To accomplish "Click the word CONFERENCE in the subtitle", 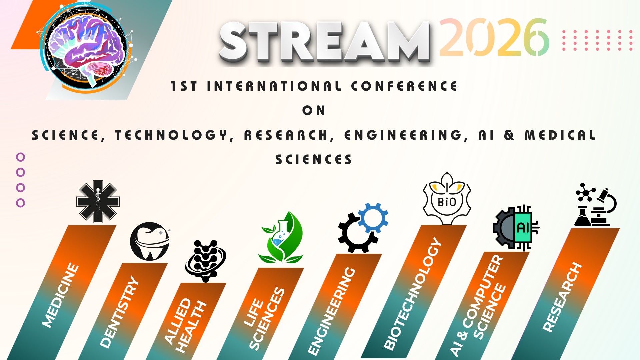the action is point(404,86).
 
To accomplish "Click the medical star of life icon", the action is point(98,202).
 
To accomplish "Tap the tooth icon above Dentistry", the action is point(150,241).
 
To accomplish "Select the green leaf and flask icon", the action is point(281,237).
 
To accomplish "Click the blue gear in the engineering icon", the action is point(373,218).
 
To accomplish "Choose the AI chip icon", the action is point(516,228).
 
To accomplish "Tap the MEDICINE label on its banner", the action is point(60,295).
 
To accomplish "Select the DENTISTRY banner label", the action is point(119,312).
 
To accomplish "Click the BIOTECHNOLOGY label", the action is point(413,293).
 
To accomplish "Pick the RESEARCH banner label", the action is point(562,297).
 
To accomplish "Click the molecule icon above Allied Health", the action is point(206,261).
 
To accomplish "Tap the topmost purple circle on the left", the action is point(21,157).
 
